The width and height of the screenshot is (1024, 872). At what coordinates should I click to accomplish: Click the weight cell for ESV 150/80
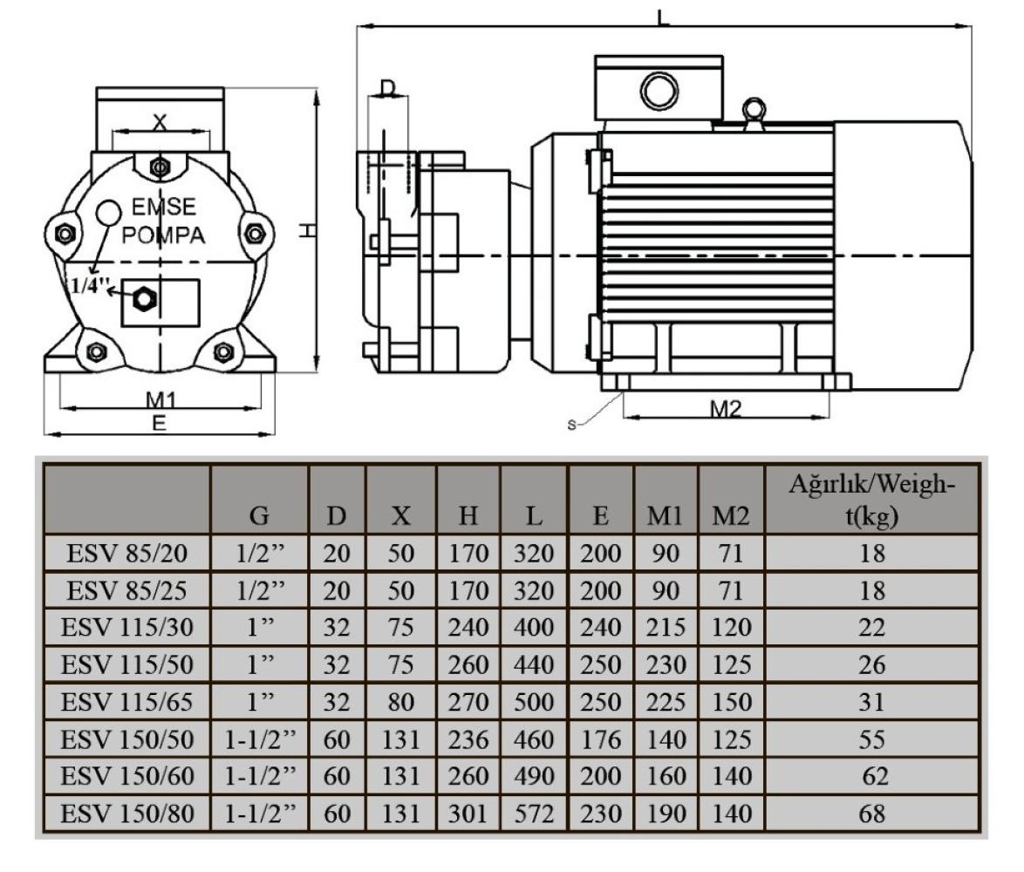872,814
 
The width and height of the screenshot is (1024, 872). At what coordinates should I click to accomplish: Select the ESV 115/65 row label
123,702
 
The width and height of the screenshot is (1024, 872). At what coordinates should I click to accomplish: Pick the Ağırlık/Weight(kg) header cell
872,502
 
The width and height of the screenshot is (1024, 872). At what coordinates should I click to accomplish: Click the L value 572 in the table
534,814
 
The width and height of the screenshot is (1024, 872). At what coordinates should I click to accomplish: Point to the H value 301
468,814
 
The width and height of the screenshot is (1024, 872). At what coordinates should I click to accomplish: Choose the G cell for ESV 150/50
259,739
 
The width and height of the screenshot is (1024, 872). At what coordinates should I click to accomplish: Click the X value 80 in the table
401,702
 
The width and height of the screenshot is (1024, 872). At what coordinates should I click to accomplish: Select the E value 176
600,739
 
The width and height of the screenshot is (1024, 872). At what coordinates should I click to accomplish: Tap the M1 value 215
666,627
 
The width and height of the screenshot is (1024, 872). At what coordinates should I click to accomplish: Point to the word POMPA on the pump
163,236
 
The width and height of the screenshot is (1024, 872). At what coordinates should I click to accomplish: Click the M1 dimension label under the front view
160,399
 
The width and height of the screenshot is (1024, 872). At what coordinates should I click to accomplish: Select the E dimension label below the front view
159,422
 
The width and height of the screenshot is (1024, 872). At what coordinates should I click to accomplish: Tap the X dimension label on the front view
159,123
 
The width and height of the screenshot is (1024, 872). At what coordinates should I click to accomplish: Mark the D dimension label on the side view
388,87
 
